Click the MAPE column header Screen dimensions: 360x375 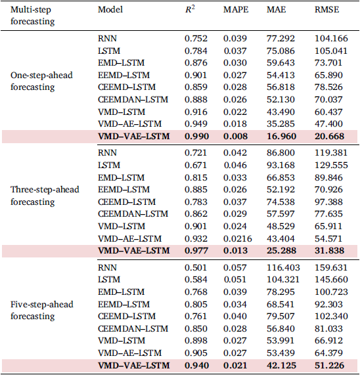click(x=236, y=10)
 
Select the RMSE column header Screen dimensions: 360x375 click(x=326, y=10)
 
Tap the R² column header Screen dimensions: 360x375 click(x=190, y=9)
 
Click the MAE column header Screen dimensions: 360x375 click(x=277, y=10)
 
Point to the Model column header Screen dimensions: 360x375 click(x=110, y=10)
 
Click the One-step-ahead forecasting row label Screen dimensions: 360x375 click(x=41, y=81)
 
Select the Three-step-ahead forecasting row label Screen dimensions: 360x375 click(x=45, y=196)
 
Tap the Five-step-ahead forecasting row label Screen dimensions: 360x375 click(x=42, y=310)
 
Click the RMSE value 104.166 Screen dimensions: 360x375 click(x=331, y=39)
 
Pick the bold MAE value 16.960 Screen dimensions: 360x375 click(x=281, y=137)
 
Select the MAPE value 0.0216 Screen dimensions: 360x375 click(x=237, y=238)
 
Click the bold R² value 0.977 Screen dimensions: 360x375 click(x=196, y=251)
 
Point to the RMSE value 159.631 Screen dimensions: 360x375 click(x=331, y=267)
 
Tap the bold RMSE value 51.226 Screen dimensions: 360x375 click(x=329, y=365)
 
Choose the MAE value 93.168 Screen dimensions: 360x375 click(x=281, y=165)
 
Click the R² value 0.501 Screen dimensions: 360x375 click(x=196, y=267)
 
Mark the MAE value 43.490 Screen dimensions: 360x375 click(x=281, y=112)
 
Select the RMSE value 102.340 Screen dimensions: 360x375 click(x=331, y=316)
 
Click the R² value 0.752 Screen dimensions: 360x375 click(x=196, y=39)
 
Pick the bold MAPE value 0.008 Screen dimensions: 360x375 click(x=235, y=137)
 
